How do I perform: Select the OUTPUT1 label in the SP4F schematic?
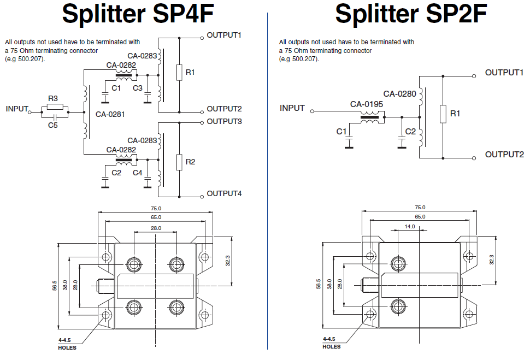tap(224, 36)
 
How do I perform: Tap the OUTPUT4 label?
tap(224, 193)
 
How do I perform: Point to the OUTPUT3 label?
tap(224, 121)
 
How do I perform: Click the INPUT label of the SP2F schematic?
tap(292, 108)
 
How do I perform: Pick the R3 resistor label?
tap(53, 98)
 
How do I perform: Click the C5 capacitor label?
tap(53, 125)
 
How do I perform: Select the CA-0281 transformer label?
tap(110, 115)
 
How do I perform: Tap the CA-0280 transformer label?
tap(399, 94)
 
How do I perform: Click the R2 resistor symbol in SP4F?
tap(179, 162)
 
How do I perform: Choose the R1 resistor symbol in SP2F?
tap(443, 114)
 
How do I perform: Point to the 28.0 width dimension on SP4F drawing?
tap(156, 228)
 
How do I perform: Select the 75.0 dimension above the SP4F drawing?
tap(156, 209)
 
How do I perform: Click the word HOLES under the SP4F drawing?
tap(67, 347)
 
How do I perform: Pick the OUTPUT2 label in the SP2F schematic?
tap(504, 155)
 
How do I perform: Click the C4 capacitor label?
tap(138, 173)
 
